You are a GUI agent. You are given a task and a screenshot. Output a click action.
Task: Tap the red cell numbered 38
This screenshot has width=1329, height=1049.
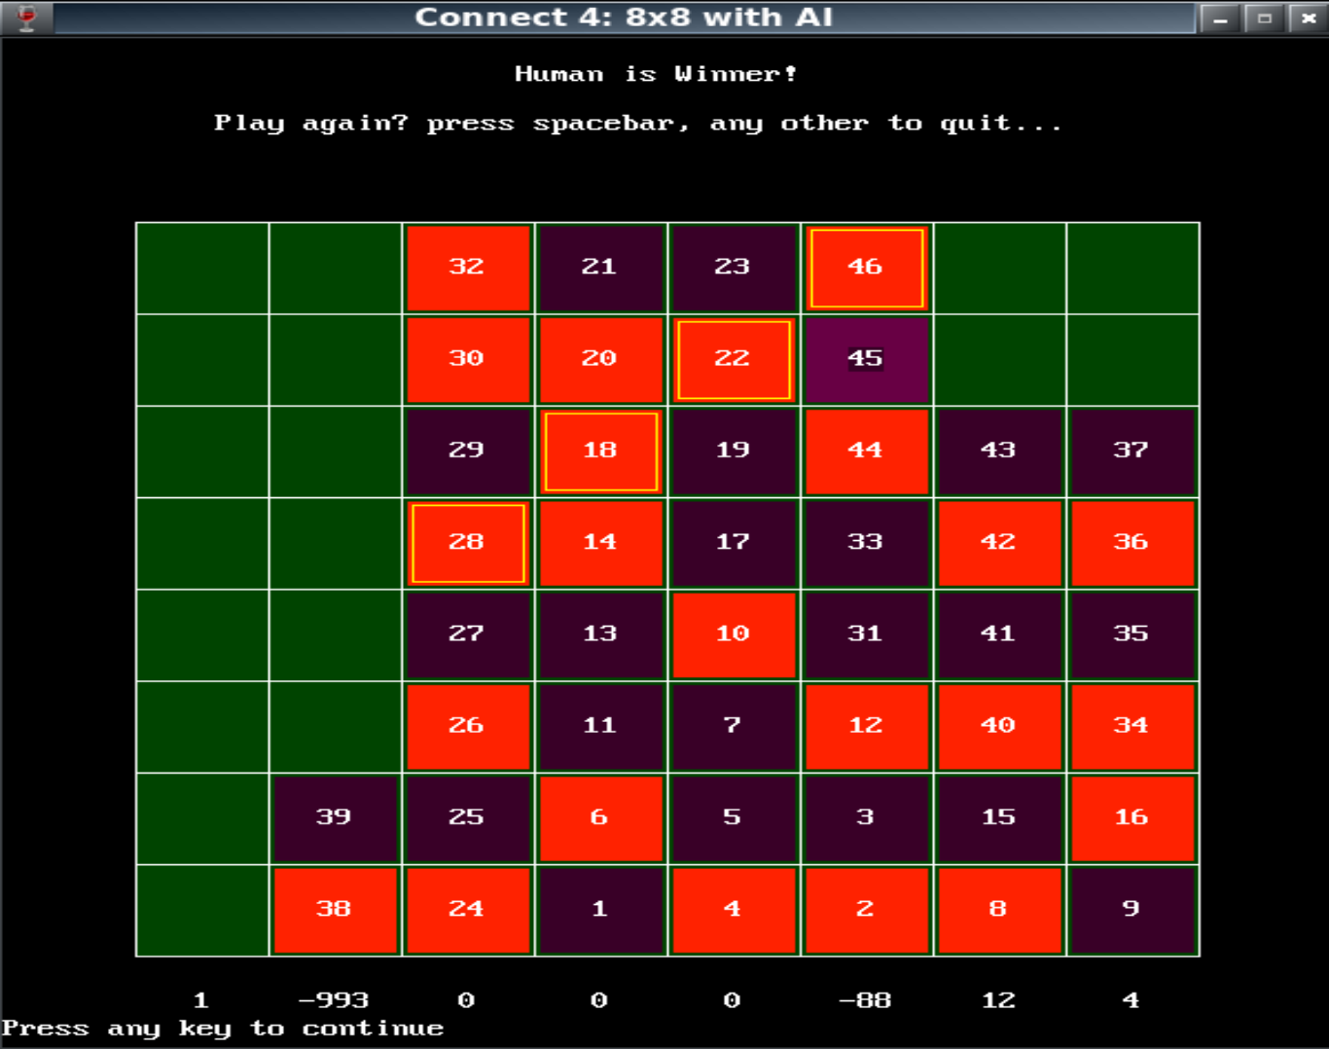coord(335,910)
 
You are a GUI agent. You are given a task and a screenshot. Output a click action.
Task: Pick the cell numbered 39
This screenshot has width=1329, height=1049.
coord(335,817)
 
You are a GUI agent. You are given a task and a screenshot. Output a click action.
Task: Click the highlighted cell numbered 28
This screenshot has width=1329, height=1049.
coord(468,543)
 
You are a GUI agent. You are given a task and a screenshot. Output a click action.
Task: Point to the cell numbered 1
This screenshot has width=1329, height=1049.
coord(600,910)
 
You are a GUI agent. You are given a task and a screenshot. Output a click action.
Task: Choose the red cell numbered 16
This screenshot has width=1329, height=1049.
coord(1131,817)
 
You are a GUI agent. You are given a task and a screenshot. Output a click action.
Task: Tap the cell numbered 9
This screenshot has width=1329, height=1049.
coord(1131,910)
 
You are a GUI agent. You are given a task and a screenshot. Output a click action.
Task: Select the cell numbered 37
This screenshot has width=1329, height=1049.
coord(1131,451)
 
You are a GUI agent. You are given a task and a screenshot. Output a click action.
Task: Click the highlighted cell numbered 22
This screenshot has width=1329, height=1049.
coord(734,359)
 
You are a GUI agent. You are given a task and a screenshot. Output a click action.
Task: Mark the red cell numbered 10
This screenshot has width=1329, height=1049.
coord(734,634)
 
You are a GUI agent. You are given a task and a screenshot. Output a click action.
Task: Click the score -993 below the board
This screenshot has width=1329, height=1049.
coord(334,1000)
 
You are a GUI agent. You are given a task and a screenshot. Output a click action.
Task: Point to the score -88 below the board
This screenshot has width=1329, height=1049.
coord(865,1000)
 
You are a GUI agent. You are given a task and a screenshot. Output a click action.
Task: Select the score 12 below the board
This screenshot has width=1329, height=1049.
coord(998,1000)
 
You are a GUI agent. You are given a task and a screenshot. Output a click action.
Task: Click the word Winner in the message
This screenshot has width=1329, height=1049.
coord(735,74)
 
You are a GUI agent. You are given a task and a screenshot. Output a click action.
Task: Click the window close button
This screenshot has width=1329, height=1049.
coord(1309,18)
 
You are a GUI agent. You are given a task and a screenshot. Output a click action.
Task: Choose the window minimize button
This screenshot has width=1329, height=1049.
coord(1220,18)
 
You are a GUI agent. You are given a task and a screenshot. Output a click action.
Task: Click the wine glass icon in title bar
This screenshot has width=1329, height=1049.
coord(27,18)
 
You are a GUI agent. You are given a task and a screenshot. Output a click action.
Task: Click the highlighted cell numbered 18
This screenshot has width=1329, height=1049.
coord(600,451)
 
